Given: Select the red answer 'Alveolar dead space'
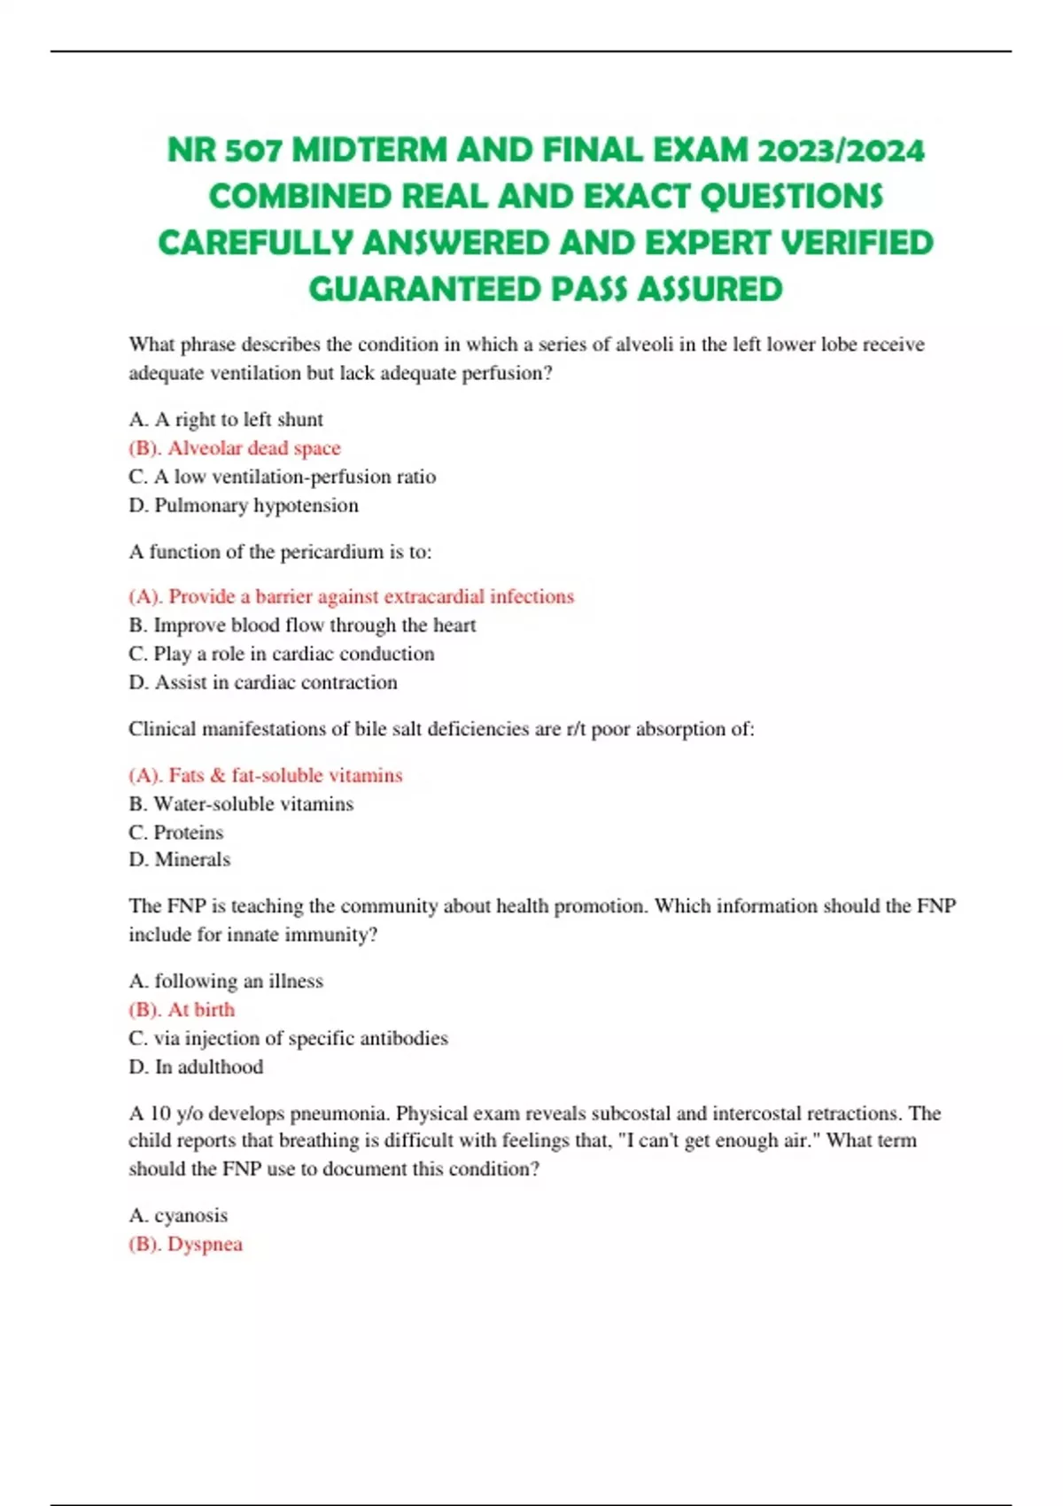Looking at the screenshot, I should (x=253, y=448).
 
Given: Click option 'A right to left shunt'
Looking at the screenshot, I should (x=238, y=419).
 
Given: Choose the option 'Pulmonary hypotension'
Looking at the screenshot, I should (x=256, y=505).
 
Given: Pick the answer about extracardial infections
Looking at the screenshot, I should (x=370, y=596).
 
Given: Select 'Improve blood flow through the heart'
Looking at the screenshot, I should (x=314, y=625).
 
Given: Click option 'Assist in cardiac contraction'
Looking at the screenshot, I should (x=275, y=682).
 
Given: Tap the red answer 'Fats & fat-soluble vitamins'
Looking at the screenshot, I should (x=284, y=775).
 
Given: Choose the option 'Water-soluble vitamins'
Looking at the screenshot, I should (x=253, y=803).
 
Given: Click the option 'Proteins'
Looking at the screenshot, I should (x=188, y=833).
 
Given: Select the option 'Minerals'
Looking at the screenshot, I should (x=192, y=859).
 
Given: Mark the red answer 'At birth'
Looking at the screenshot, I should (x=201, y=1010).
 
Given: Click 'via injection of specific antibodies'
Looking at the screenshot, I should (x=300, y=1038).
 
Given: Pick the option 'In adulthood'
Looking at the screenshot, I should (x=209, y=1067).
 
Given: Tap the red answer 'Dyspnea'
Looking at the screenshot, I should (x=205, y=1244).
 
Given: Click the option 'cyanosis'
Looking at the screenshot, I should (x=190, y=1215).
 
